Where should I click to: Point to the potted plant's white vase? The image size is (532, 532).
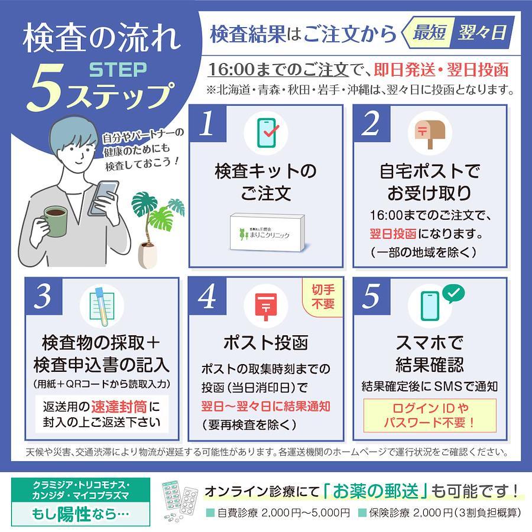148,255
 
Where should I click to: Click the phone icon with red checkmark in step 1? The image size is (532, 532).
267,132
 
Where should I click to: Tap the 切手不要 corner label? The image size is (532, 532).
323,297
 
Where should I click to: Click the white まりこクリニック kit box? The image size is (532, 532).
268,233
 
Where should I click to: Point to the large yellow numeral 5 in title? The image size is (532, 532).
46,89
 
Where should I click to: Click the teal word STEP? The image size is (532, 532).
118,70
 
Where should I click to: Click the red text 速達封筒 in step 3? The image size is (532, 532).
119,407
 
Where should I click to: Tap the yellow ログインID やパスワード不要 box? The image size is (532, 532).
430,416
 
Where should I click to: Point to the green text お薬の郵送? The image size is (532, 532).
375,491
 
